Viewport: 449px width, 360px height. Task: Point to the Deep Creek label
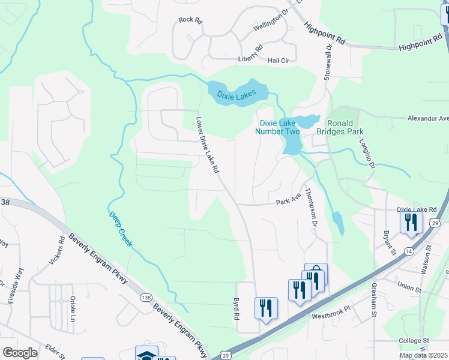pyautogui.click(x=120, y=230)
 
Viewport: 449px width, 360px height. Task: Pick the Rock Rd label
pyautogui.click(x=190, y=20)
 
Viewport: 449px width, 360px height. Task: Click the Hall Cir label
pyautogui.click(x=279, y=61)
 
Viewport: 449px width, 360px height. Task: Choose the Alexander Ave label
pyautogui.click(x=428, y=119)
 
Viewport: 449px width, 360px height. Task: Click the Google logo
pyautogui.click(x=20, y=353)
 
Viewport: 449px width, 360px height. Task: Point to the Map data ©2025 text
pyautogui.click(x=423, y=355)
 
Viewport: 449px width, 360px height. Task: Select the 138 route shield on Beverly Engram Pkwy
pyautogui.click(x=145, y=298)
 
